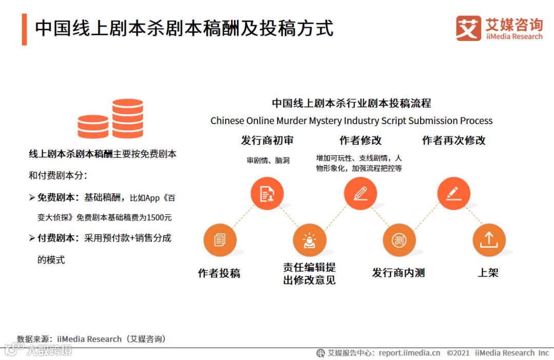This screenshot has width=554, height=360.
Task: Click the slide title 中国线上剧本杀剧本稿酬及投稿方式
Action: (x=184, y=28)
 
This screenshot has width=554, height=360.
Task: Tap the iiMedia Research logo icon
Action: (x=468, y=28)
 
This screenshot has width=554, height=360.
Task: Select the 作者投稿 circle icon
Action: (x=220, y=240)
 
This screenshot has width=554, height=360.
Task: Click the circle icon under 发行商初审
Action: (x=267, y=194)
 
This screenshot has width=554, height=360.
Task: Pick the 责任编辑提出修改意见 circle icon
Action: (x=309, y=240)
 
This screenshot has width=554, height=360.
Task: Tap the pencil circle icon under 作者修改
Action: (x=360, y=194)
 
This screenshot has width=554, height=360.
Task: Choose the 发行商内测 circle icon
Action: (x=399, y=240)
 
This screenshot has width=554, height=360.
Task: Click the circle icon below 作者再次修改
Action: (x=453, y=194)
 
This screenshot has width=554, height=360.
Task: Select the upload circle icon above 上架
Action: (x=488, y=240)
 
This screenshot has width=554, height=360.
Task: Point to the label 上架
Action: (x=488, y=273)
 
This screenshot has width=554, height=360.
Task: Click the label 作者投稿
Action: (x=219, y=273)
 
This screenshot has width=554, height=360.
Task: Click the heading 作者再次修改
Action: (x=453, y=141)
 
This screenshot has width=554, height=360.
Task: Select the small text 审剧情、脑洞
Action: (x=268, y=161)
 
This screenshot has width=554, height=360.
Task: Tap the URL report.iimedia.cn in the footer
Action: (x=409, y=353)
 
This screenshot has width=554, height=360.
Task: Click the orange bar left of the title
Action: (x=24, y=29)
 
